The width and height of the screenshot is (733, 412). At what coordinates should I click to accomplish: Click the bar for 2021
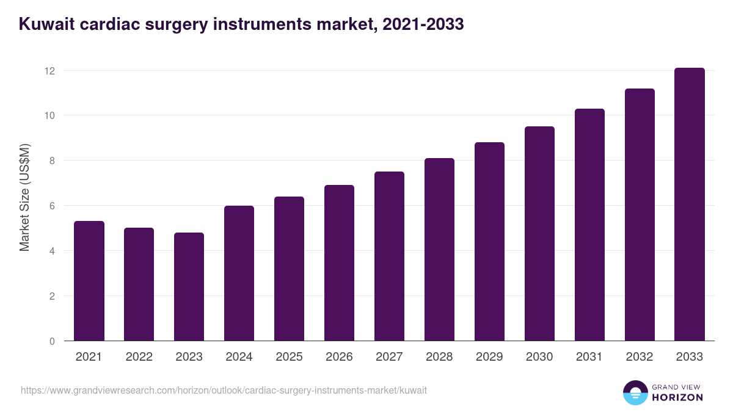pyautogui.click(x=89, y=281)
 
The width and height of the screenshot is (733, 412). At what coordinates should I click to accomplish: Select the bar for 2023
pyautogui.click(x=189, y=287)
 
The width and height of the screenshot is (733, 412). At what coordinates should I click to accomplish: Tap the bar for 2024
pyautogui.click(x=239, y=273)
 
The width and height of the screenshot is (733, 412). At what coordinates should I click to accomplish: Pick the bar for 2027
pyautogui.click(x=389, y=256)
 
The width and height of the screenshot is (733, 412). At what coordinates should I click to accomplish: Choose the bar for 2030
pyautogui.click(x=539, y=234)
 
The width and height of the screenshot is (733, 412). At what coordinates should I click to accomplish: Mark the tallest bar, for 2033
pyautogui.click(x=690, y=204)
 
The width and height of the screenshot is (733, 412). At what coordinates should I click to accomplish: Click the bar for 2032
pyautogui.click(x=640, y=215)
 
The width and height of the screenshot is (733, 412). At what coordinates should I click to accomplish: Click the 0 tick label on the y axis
pyautogui.click(x=52, y=341)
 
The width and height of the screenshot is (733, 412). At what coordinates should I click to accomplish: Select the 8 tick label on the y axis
pyautogui.click(x=52, y=161)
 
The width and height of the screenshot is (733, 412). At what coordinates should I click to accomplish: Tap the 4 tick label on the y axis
pyautogui.click(x=52, y=251)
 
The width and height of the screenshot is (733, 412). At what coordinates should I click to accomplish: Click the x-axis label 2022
pyautogui.click(x=139, y=357)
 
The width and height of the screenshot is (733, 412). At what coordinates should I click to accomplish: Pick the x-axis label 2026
pyautogui.click(x=339, y=357)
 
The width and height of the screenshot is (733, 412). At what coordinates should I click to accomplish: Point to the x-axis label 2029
pyautogui.click(x=489, y=357)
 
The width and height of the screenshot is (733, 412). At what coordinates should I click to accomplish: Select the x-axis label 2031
pyautogui.click(x=589, y=357)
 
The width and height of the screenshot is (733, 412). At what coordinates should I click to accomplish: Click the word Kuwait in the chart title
pyautogui.click(x=44, y=24)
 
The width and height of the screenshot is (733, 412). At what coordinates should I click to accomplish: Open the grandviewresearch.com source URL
pyautogui.click(x=224, y=390)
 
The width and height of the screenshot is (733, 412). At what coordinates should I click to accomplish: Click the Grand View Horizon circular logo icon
pyautogui.click(x=635, y=392)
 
